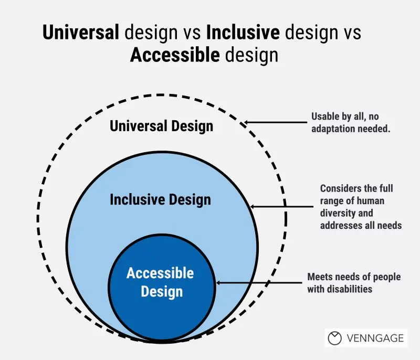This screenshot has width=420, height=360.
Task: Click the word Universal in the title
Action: (81, 32)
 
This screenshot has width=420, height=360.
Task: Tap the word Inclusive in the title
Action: (243, 32)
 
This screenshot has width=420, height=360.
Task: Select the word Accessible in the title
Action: (175, 55)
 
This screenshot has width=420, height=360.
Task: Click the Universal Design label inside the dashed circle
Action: (162, 126)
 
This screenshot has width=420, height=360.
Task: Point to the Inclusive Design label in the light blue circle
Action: (161, 199)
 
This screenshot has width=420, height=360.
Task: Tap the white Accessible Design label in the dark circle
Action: (161, 282)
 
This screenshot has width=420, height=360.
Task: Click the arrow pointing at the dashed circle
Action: (276, 122)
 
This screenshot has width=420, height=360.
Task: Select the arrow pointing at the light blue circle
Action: (281, 207)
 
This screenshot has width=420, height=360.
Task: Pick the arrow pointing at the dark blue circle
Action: (259, 283)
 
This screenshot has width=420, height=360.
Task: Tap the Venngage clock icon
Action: (335, 338)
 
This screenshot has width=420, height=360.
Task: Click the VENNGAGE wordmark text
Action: (375, 338)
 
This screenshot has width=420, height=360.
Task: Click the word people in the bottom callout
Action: (387, 277)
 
